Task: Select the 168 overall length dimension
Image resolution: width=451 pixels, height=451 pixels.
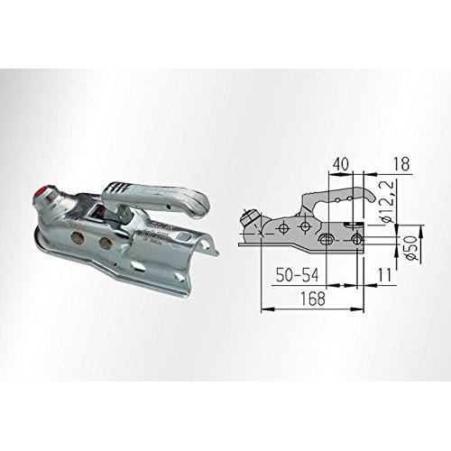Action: pos(313,299)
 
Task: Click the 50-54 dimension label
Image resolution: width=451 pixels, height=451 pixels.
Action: pos(297,275)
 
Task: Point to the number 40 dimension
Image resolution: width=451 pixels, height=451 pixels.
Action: pos(341,164)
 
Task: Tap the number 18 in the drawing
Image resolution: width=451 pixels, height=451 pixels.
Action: pos(401,164)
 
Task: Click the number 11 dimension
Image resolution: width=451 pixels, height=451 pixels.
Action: pos(385,275)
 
